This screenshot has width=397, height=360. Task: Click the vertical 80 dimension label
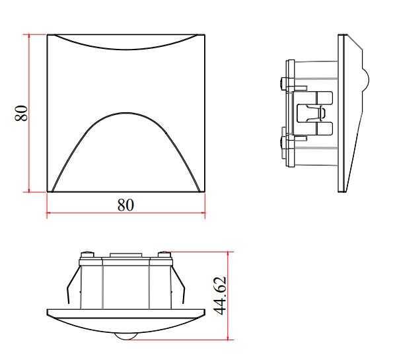(21, 113)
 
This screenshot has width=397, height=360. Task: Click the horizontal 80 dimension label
(126, 205)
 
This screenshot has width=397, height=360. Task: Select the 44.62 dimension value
(219, 296)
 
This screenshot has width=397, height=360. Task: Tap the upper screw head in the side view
(283, 83)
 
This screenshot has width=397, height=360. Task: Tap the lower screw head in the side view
(283, 141)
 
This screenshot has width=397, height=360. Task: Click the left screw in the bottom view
(87, 254)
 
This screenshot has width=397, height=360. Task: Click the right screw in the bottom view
(164, 254)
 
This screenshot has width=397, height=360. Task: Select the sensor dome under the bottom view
(126, 337)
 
